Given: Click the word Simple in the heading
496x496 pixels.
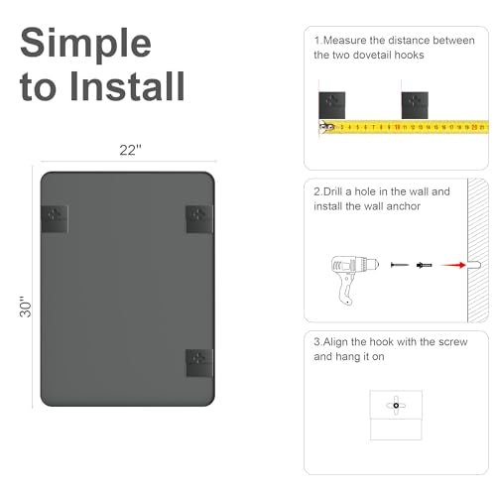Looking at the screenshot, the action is (85, 44).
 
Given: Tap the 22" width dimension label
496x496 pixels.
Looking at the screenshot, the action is (130, 150).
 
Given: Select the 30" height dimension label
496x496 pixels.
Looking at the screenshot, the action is (26, 307).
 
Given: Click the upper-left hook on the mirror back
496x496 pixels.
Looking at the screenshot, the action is (55, 219).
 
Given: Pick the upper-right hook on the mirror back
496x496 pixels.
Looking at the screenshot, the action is (199, 219).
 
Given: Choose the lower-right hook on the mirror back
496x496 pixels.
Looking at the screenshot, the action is (199, 363).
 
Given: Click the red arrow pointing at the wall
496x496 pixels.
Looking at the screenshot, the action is (452, 265).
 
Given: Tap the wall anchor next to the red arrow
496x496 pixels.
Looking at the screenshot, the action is (425, 265).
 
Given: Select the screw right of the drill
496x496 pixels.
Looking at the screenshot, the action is (400, 265).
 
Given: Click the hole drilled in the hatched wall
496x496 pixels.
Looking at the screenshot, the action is (474, 265).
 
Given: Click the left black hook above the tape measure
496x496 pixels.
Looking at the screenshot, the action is (332, 105).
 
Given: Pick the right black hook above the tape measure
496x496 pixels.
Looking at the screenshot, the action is (415, 105).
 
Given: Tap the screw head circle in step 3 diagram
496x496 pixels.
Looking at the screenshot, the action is (396, 406).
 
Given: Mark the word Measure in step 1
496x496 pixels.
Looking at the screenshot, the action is (344, 41).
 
